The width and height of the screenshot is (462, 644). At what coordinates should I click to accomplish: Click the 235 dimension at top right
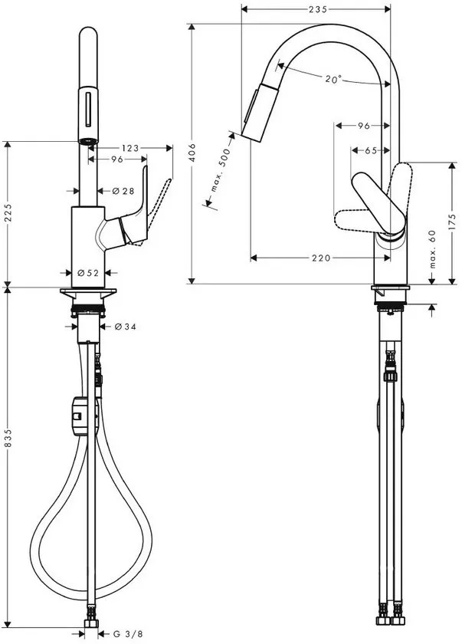click(318, 9)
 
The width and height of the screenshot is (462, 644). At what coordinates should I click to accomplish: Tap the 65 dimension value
click(371, 151)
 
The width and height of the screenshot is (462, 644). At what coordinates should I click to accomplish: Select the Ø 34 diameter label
click(125, 327)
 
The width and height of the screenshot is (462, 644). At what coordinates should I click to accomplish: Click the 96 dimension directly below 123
click(116, 160)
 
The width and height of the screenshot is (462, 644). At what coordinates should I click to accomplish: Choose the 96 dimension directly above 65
click(363, 125)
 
